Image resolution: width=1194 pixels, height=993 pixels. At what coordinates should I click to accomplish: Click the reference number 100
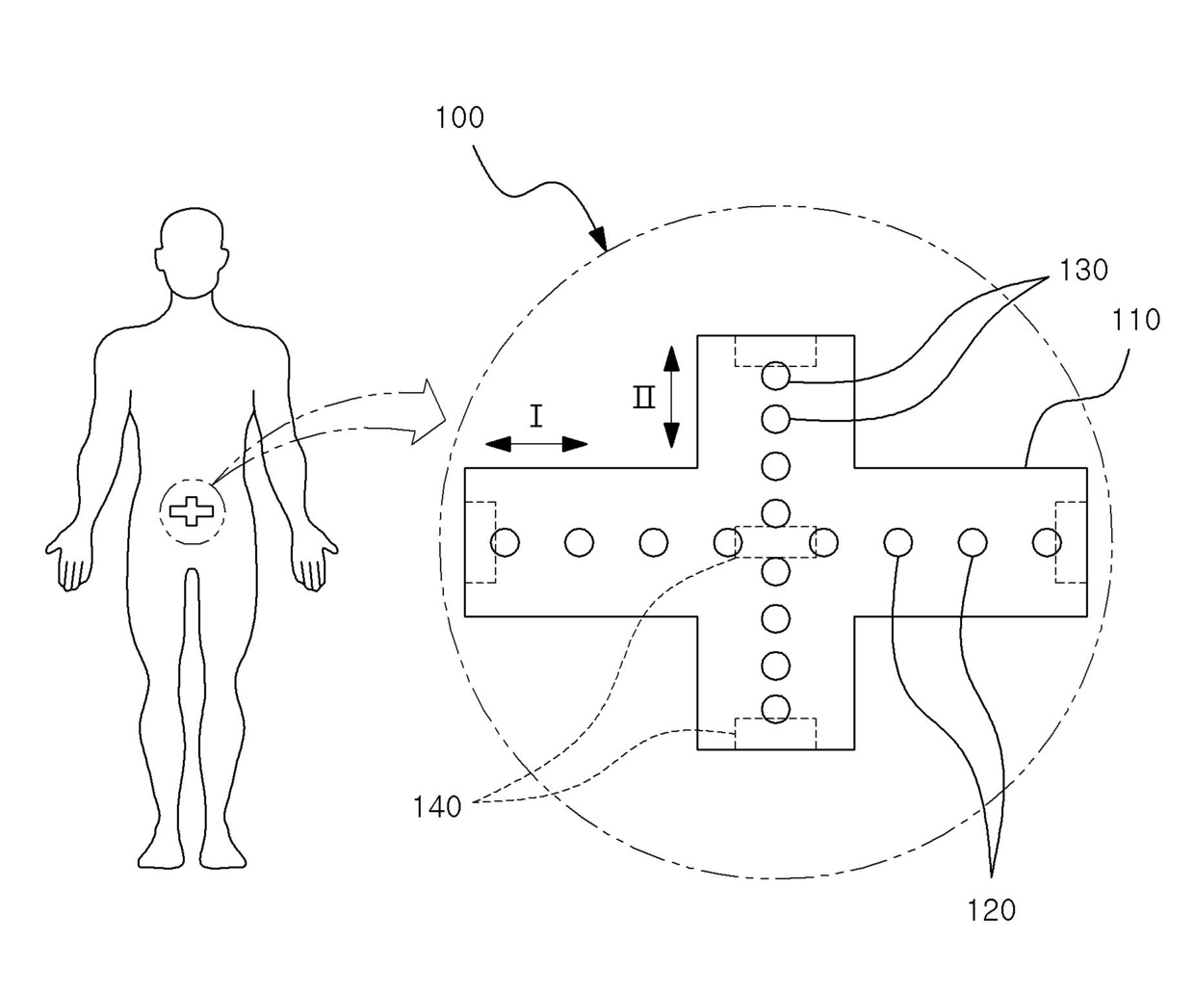coord(458,118)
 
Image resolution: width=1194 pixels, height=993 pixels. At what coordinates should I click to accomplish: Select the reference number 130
coord(1083,272)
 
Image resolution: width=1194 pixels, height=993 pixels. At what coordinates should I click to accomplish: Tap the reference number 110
coord(1136,320)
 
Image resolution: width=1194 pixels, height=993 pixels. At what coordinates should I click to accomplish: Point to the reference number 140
coord(437,807)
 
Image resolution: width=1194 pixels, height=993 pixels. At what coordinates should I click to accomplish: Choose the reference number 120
coord(991,910)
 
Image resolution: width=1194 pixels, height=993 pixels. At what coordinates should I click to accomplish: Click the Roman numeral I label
coord(536,416)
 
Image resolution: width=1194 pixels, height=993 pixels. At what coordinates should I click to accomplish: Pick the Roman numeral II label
coord(643,397)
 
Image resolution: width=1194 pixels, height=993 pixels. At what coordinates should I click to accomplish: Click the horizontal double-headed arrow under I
coord(536,444)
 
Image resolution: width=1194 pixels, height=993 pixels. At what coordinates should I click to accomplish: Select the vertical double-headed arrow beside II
coord(672,397)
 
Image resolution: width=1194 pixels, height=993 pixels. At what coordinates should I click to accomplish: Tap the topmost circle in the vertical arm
coord(775,376)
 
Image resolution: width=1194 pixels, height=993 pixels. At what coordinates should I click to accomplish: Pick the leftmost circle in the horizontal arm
coord(505,543)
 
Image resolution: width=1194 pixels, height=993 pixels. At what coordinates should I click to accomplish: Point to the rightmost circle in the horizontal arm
coord(1047,543)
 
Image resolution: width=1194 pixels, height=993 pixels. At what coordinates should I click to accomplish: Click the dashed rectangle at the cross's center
coord(775,542)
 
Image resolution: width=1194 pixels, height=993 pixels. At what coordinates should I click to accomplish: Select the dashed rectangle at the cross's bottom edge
coord(775,733)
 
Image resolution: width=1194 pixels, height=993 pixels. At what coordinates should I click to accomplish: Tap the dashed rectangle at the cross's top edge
coord(775,351)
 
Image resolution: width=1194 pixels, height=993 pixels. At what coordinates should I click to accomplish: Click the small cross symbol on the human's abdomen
coord(192,511)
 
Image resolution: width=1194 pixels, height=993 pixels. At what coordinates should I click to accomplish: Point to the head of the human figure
coord(193,250)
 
